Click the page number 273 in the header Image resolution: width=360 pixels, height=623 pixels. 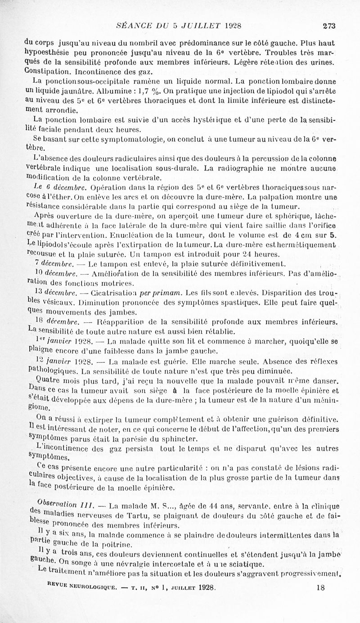tap(329, 26)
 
